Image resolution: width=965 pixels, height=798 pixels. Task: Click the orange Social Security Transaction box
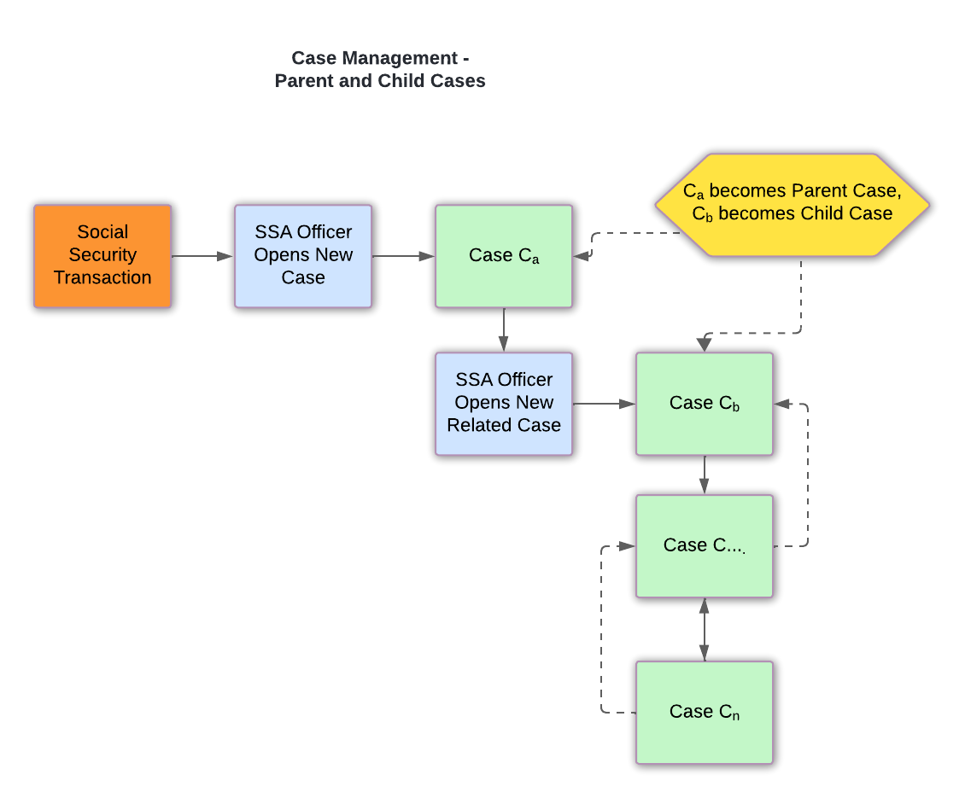point(102,255)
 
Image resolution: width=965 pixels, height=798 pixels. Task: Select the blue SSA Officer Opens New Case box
point(303,255)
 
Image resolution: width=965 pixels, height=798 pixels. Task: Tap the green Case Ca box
point(504,255)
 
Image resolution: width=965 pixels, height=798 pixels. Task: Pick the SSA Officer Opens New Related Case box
point(504,403)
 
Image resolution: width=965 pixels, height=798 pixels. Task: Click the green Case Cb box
point(704,403)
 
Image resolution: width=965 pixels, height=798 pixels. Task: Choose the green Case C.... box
point(704,545)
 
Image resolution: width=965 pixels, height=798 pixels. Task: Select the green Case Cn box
point(704,712)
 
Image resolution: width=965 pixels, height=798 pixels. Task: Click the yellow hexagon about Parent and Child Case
point(792,204)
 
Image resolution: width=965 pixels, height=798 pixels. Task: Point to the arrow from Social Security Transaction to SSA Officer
point(202,256)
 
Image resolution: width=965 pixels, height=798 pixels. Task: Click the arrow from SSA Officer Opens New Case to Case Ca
point(403,256)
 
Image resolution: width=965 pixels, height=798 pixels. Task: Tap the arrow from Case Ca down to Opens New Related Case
point(504,329)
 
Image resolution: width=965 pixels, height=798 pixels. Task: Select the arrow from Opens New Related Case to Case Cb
point(604,404)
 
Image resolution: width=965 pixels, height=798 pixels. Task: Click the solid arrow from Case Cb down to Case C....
point(704,475)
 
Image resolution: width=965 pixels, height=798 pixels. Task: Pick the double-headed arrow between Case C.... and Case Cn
point(704,629)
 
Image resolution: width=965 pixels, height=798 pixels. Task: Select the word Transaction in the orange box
point(102,277)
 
